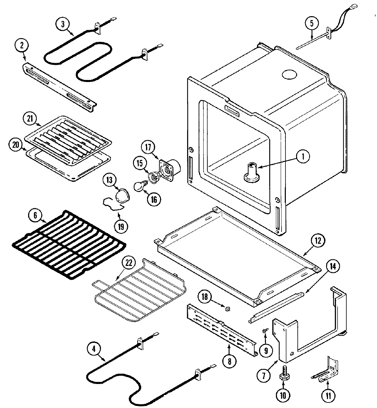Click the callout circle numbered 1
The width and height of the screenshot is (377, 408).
tap(302, 157)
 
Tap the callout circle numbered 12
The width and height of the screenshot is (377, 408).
tap(317, 241)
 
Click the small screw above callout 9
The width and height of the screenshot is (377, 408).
tap(264, 330)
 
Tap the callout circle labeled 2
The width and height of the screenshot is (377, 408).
tap(22, 46)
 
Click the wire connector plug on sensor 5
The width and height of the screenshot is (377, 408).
tap(353, 5)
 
